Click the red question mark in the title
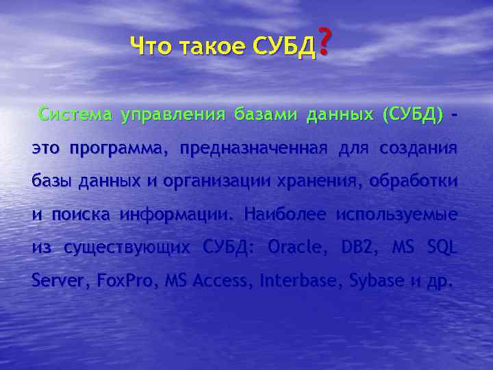tap(325, 42)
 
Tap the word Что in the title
tap(151, 47)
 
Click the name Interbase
tap(296, 280)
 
